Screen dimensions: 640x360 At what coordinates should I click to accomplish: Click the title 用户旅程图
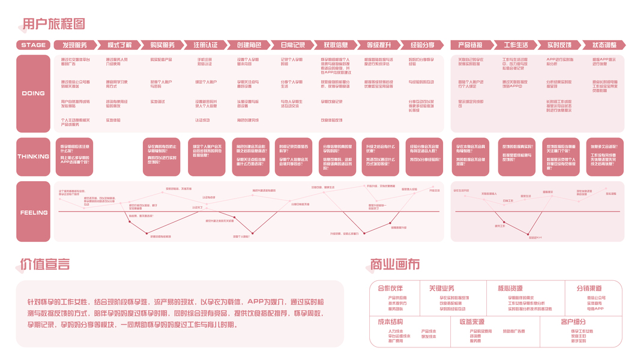pyautogui.click(x=53, y=24)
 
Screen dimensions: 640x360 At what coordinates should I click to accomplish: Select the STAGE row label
pyautogui.click(x=34, y=45)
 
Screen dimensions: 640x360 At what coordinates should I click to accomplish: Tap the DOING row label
pyautogui.click(x=34, y=93)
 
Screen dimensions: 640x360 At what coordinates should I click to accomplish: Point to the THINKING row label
pyautogui.click(x=34, y=157)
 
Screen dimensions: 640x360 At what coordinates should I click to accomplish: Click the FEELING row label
pyautogui.click(x=34, y=212)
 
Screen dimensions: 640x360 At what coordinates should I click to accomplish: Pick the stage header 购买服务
pyautogui.click(x=163, y=45)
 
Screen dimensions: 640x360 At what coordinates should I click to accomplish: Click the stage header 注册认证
pyautogui.click(x=206, y=45)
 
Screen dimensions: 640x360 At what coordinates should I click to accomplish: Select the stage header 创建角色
pyautogui.click(x=249, y=45)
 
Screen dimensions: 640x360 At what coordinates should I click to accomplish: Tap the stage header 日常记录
pyautogui.click(x=292, y=45)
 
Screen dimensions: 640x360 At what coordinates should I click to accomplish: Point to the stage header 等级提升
pyautogui.click(x=379, y=45)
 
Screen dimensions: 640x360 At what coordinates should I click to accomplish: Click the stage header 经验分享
pyautogui.click(x=423, y=45)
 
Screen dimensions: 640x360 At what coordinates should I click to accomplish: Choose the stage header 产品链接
pyautogui.click(x=471, y=45)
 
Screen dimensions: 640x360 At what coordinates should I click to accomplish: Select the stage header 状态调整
pyautogui.click(x=604, y=45)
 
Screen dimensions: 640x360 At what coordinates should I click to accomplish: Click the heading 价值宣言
pyautogui.click(x=45, y=264)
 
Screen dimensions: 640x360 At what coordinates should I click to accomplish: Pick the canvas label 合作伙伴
pyautogui.click(x=390, y=289)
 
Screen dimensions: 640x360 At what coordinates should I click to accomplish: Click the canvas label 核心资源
pyautogui.click(x=510, y=289)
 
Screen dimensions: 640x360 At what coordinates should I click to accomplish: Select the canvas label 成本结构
pyautogui.click(x=390, y=322)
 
